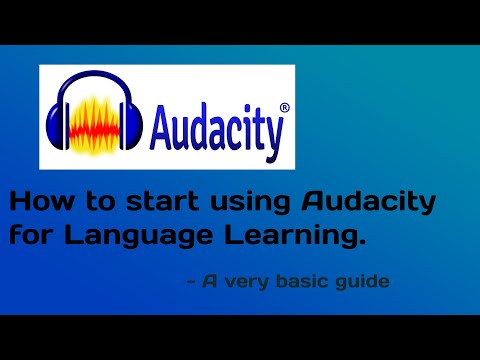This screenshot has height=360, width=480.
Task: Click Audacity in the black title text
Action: (369, 204)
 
